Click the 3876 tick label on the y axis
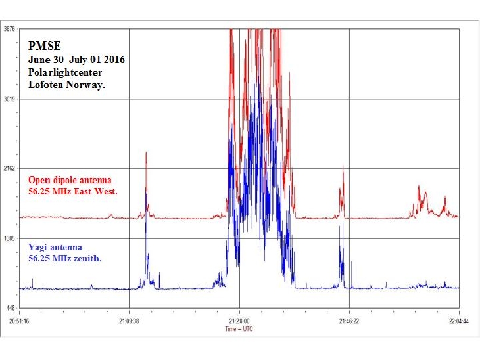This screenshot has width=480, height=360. click(x=9, y=29)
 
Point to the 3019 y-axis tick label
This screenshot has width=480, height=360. click(x=9, y=99)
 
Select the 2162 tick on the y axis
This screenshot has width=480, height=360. click(x=9, y=169)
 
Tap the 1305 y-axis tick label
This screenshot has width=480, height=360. click(x=9, y=238)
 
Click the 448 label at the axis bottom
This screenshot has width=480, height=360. click(x=11, y=309)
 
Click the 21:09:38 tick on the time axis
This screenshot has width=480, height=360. click(x=129, y=322)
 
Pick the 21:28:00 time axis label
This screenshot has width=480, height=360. click(x=239, y=322)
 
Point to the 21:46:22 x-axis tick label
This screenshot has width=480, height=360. click(x=348, y=322)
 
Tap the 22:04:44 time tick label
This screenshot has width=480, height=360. click(x=458, y=322)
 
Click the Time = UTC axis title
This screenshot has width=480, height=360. click(x=239, y=328)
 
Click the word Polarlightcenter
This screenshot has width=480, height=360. click(x=64, y=72)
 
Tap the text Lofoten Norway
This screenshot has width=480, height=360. click(x=66, y=85)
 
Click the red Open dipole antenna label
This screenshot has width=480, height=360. click(x=70, y=180)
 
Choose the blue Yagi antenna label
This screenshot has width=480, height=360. click(x=55, y=248)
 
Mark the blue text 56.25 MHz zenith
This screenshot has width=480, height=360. click(x=65, y=259)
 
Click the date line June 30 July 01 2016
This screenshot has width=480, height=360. click(x=76, y=60)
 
